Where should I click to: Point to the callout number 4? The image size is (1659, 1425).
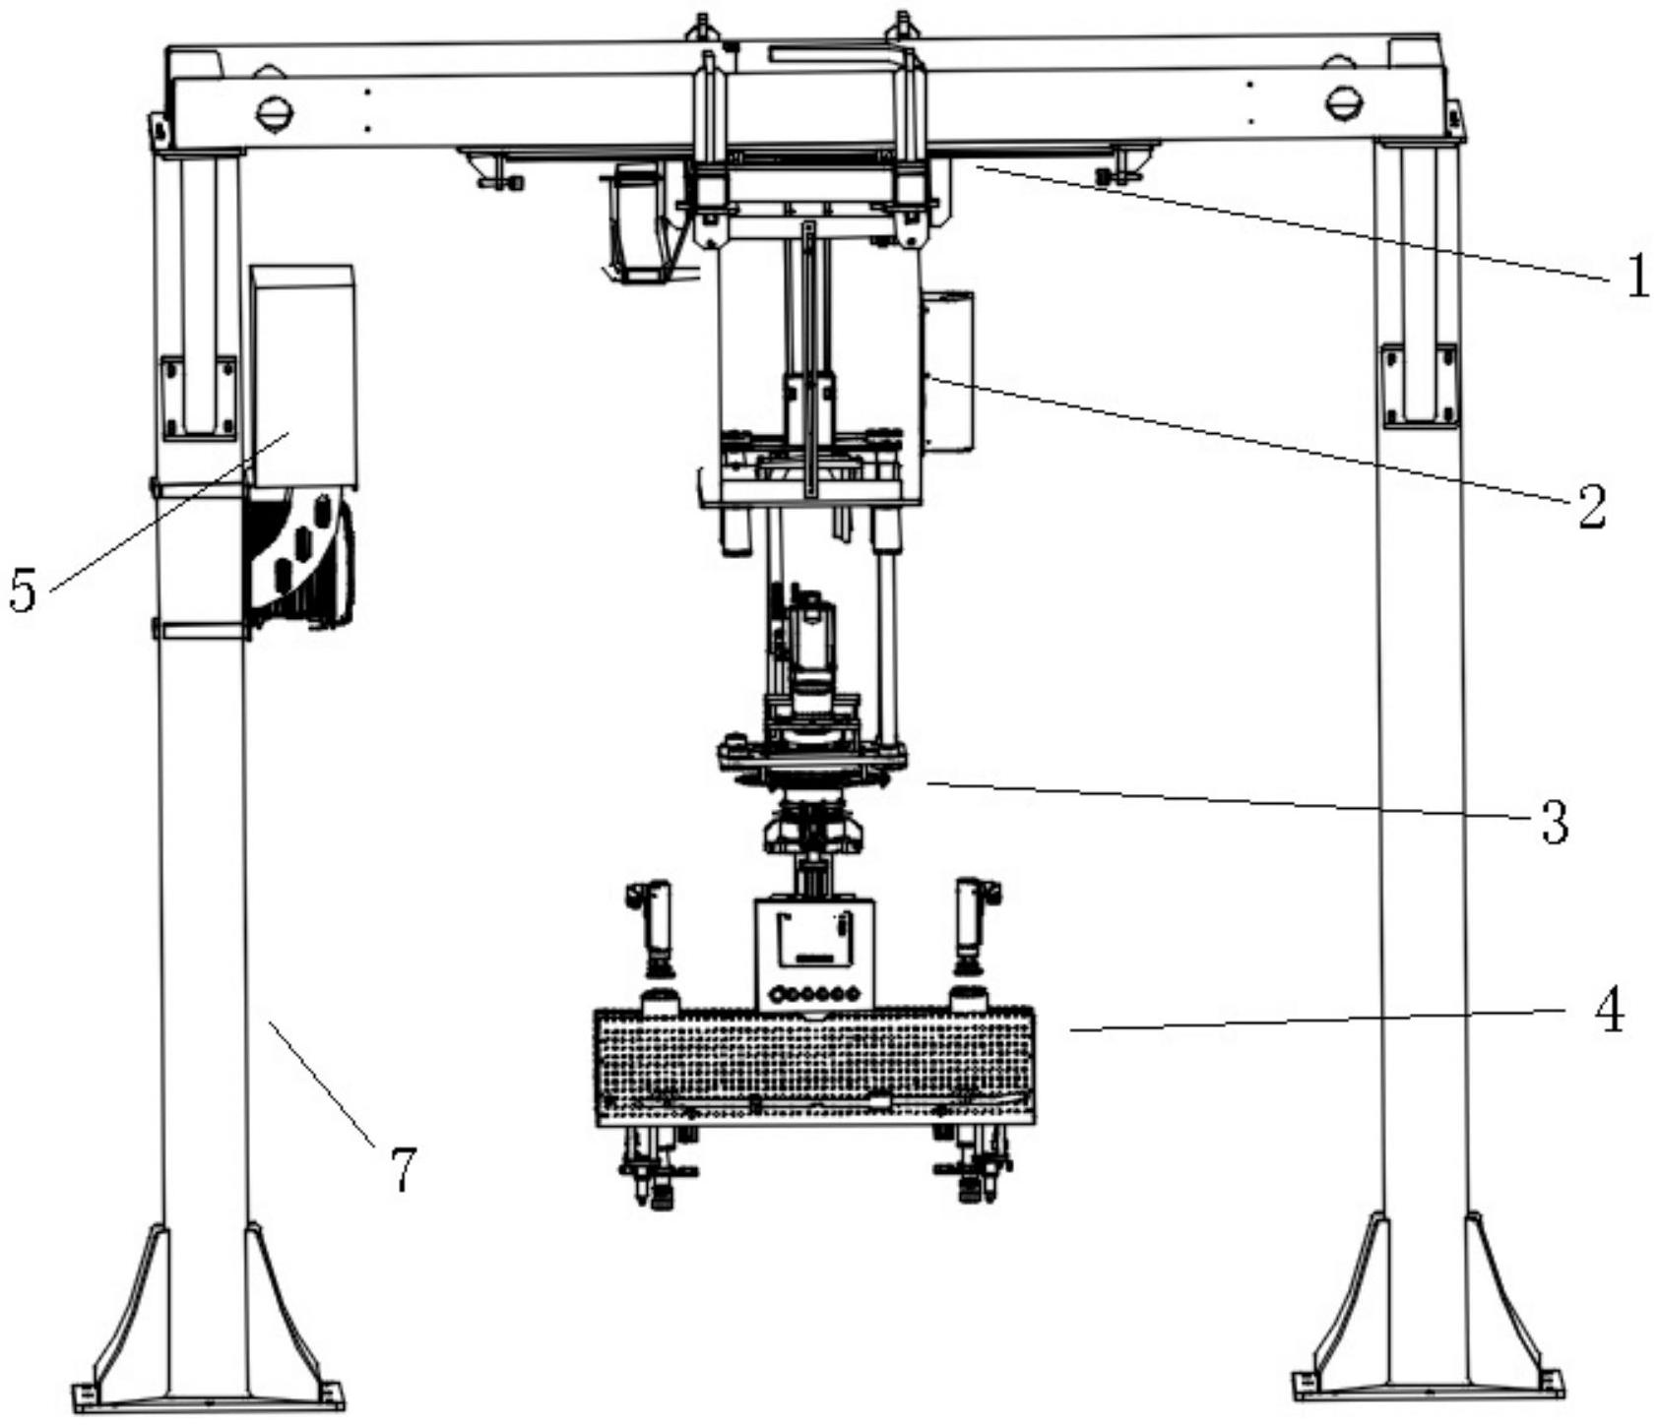(1609, 1010)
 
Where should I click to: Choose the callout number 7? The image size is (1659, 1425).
(403, 1170)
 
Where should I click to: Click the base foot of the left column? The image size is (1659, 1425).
(208, 1319)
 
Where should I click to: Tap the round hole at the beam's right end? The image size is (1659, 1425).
(1343, 101)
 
